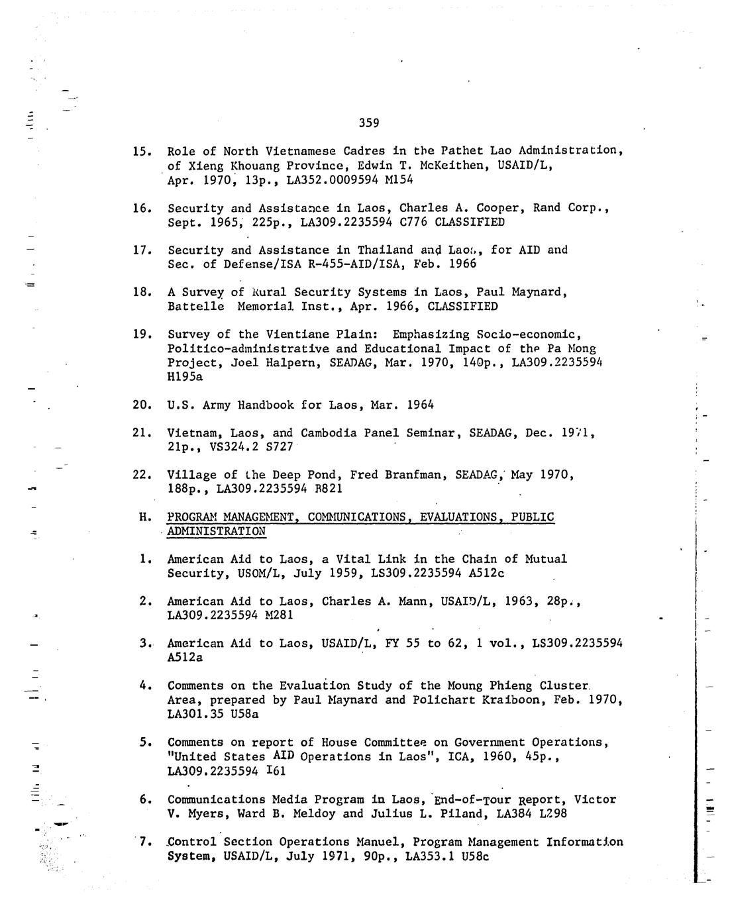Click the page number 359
pos(369,123)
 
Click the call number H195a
pos(185,376)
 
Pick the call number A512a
pos(185,658)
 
